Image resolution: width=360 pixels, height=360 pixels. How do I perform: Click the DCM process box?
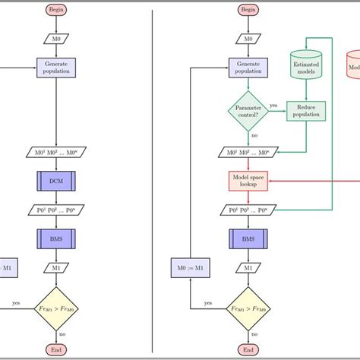tap(56, 182)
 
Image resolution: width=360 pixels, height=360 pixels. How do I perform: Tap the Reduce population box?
tap(305, 112)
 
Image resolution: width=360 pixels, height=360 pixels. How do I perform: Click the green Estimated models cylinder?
tap(305, 66)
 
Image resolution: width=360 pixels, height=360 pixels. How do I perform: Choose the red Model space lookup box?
tap(248, 182)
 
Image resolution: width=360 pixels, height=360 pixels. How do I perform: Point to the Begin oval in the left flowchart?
tap(56, 10)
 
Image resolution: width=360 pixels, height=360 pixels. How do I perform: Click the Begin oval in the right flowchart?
tap(248, 10)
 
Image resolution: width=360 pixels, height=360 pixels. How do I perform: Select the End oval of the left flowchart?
tap(56, 349)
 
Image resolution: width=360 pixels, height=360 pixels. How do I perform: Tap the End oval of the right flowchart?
tap(248, 349)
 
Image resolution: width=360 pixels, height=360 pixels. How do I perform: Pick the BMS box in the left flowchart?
tap(56, 239)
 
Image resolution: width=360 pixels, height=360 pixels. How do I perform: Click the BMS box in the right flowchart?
tap(248, 239)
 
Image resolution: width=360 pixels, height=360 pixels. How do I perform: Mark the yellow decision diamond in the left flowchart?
tap(56, 309)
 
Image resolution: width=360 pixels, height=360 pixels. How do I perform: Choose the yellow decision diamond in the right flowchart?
tap(248, 309)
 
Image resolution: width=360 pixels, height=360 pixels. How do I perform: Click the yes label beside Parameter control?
tap(273, 106)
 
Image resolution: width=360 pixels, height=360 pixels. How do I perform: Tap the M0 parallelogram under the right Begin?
tap(248, 38)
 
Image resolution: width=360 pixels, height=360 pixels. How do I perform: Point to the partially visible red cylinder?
tap(353, 66)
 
